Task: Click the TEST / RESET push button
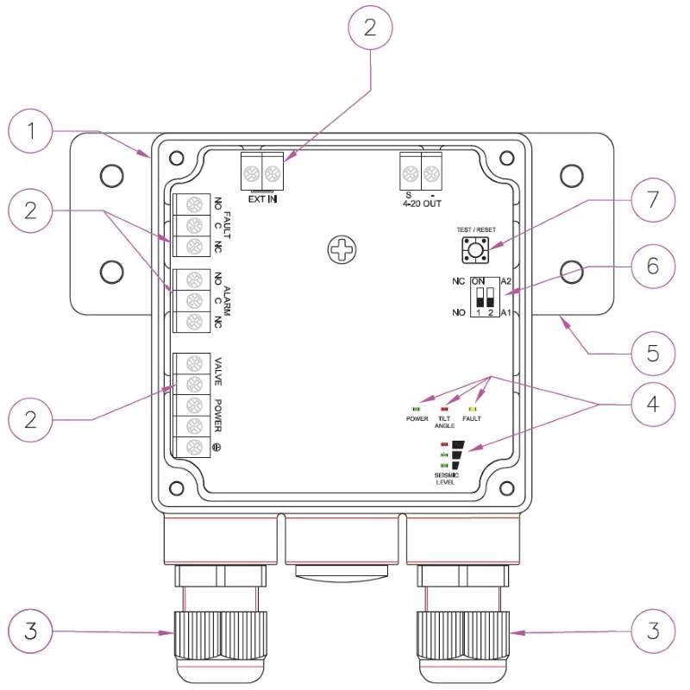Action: [x=475, y=250]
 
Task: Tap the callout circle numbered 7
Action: [x=653, y=199]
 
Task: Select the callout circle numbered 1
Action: [x=30, y=131]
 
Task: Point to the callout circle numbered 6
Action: [x=653, y=267]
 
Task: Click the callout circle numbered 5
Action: [x=653, y=354]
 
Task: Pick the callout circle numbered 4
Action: [x=653, y=404]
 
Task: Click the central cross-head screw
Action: [x=342, y=250]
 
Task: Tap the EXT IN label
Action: [x=263, y=199]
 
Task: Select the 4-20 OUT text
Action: [x=422, y=204]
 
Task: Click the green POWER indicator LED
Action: [x=416, y=409]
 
